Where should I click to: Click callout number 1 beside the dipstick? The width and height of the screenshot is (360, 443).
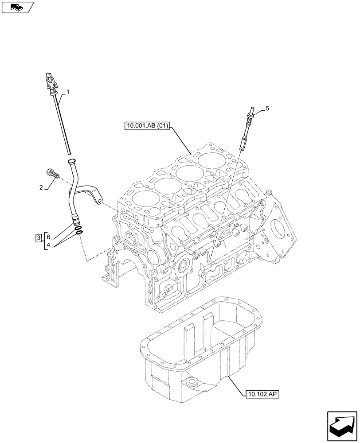(68, 92)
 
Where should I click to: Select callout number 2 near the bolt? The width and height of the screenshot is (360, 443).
(41, 188)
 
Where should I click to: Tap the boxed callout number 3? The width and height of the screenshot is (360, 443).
(39, 238)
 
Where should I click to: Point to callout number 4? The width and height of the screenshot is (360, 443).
(49, 245)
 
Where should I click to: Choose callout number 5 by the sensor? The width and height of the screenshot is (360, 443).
(267, 108)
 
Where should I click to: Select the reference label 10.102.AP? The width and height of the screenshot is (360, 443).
(262, 393)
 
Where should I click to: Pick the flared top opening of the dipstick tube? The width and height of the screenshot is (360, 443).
(71, 162)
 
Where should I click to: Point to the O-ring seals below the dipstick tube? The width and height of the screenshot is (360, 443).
(79, 230)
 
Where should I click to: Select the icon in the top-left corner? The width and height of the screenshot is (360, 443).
(17, 8)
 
